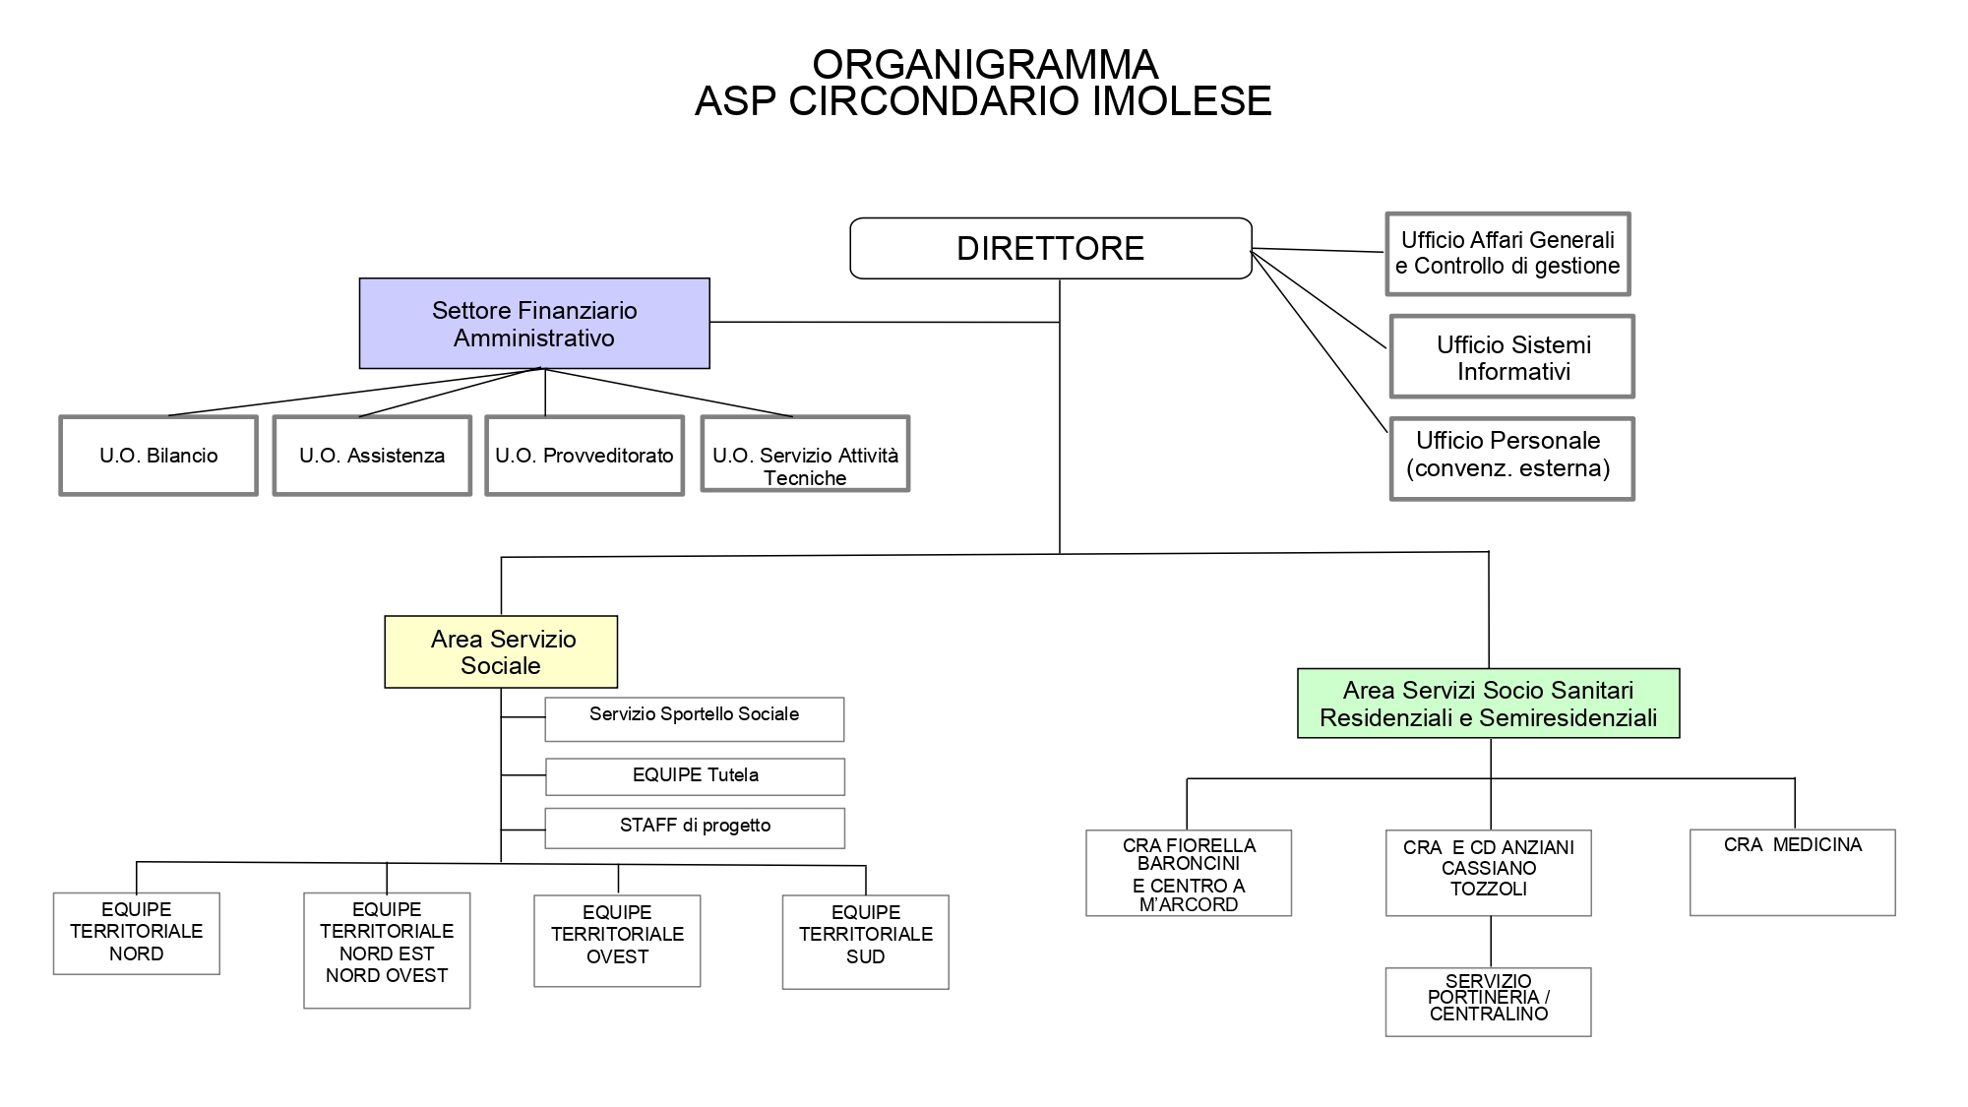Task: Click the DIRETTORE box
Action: click(1050, 248)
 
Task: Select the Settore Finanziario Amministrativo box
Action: click(534, 324)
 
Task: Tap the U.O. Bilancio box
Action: click(158, 456)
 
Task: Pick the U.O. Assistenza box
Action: click(372, 456)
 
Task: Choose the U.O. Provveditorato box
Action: click(584, 456)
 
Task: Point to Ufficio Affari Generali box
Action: click(1508, 254)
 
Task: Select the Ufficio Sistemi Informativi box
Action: click(1512, 357)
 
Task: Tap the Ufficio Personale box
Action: click(1512, 460)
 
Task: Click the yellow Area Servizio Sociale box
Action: click(501, 652)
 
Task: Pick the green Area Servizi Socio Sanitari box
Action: click(1488, 704)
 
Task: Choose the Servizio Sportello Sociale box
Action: click(694, 719)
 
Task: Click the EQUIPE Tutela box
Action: click(695, 776)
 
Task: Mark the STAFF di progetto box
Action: click(695, 828)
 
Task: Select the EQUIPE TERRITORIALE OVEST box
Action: click(617, 941)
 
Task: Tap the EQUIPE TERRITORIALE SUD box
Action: click(865, 942)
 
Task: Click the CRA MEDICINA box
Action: click(1792, 872)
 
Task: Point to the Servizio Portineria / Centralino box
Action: click(1488, 1002)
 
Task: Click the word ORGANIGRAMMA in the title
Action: click(985, 65)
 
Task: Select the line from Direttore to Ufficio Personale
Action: click(1319, 341)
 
